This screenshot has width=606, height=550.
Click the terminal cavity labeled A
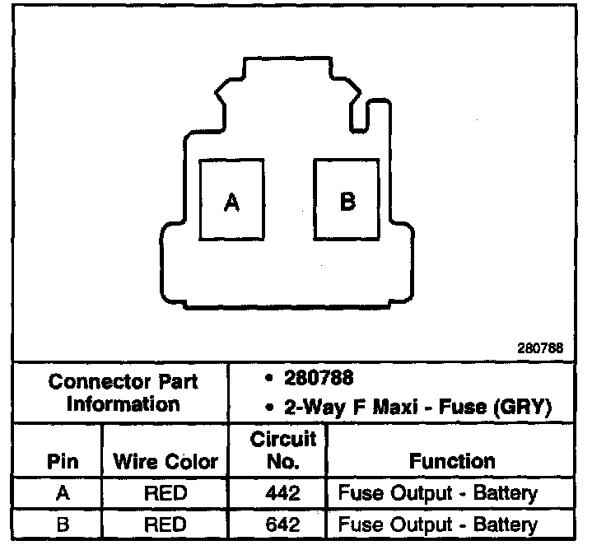(232, 201)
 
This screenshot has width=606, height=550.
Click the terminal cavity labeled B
(347, 200)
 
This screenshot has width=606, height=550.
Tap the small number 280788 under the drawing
(540, 348)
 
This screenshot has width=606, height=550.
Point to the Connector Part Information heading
(123, 394)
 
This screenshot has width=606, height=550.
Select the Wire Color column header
(165, 462)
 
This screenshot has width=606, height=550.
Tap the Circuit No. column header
(283, 450)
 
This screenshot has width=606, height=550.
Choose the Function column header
(452, 462)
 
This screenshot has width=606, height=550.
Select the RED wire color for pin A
(165, 494)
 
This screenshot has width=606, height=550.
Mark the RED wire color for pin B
(165, 524)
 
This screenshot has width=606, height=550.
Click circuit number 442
(282, 494)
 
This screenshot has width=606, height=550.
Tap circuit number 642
(282, 524)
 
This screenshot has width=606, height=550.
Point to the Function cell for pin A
(437, 494)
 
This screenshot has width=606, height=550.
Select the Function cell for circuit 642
(437, 524)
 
